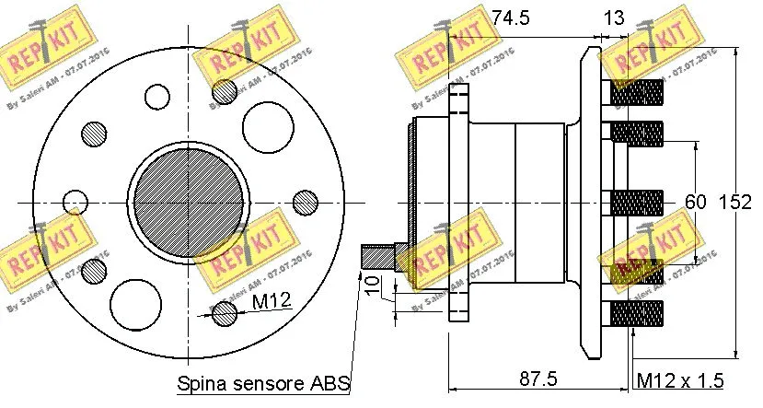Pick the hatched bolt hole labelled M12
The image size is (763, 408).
223,313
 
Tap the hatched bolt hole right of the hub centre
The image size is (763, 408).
306,203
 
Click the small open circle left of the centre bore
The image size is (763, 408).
75,203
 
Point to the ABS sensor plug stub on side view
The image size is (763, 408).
377,255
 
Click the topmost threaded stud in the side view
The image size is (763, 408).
636,93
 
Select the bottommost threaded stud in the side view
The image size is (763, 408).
636,314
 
